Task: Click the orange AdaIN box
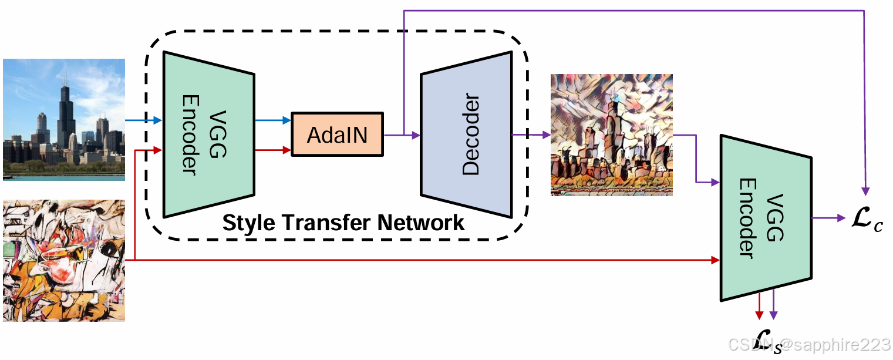(337, 134)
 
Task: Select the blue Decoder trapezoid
(466, 134)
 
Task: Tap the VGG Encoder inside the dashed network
(209, 134)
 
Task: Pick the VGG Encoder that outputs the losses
(766, 218)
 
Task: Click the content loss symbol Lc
(868, 219)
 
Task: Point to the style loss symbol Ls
(767, 341)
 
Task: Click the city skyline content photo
(64, 120)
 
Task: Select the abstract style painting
(64, 261)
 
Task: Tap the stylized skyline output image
(612, 134)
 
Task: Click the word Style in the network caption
(248, 223)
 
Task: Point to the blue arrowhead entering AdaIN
(287, 120)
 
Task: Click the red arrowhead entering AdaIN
(287, 150)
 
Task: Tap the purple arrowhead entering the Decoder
(416, 135)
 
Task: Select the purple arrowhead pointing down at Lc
(865, 191)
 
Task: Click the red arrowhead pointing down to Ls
(759, 315)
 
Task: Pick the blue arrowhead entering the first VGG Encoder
(157, 120)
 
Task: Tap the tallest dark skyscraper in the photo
(65, 116)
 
